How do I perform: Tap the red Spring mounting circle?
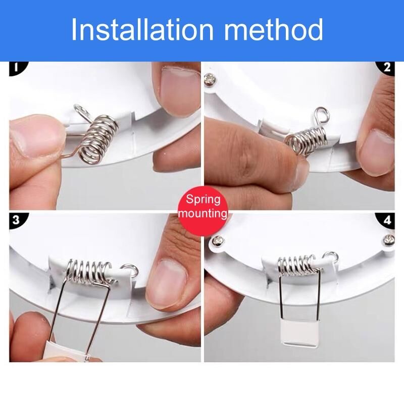203,207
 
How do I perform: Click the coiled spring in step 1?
98,139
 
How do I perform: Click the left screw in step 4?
218,241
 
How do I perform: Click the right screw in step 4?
389,240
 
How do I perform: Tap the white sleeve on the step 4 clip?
299,333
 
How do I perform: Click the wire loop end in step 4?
331,256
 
